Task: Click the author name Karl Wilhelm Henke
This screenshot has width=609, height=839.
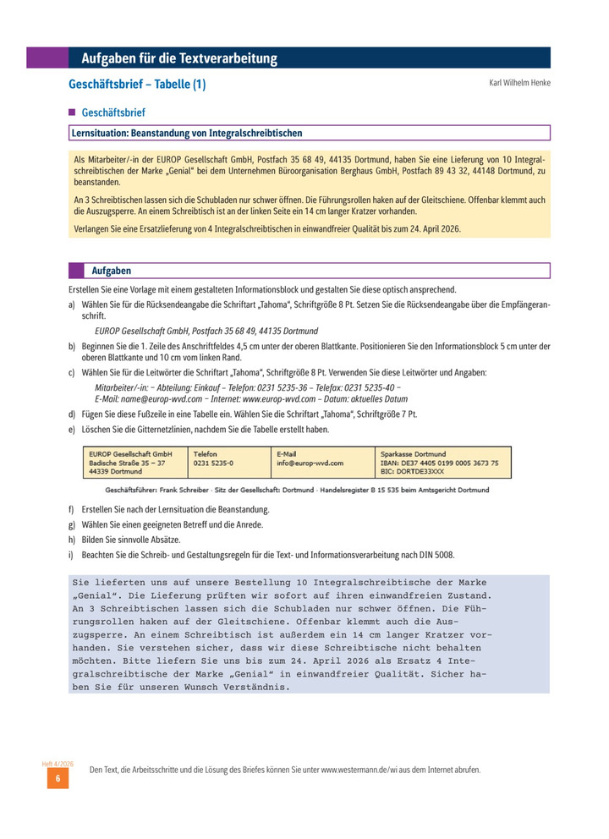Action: (x=519, y=83)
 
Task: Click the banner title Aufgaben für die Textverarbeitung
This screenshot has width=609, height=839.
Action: (x=179, y=58)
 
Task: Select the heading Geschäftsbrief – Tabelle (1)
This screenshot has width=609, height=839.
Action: (x=137, y=85)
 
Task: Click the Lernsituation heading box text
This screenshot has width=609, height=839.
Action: (x=187, y=133)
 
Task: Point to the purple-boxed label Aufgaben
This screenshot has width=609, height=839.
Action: (x=112, y=271)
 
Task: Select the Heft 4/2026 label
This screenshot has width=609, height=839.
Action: (x=58, y=764)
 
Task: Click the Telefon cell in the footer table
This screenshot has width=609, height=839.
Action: (x=206, y=454)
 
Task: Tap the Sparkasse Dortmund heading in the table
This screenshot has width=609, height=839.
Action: (x=414, y=454)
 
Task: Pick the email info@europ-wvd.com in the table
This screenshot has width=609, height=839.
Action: (x=310, y=463)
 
